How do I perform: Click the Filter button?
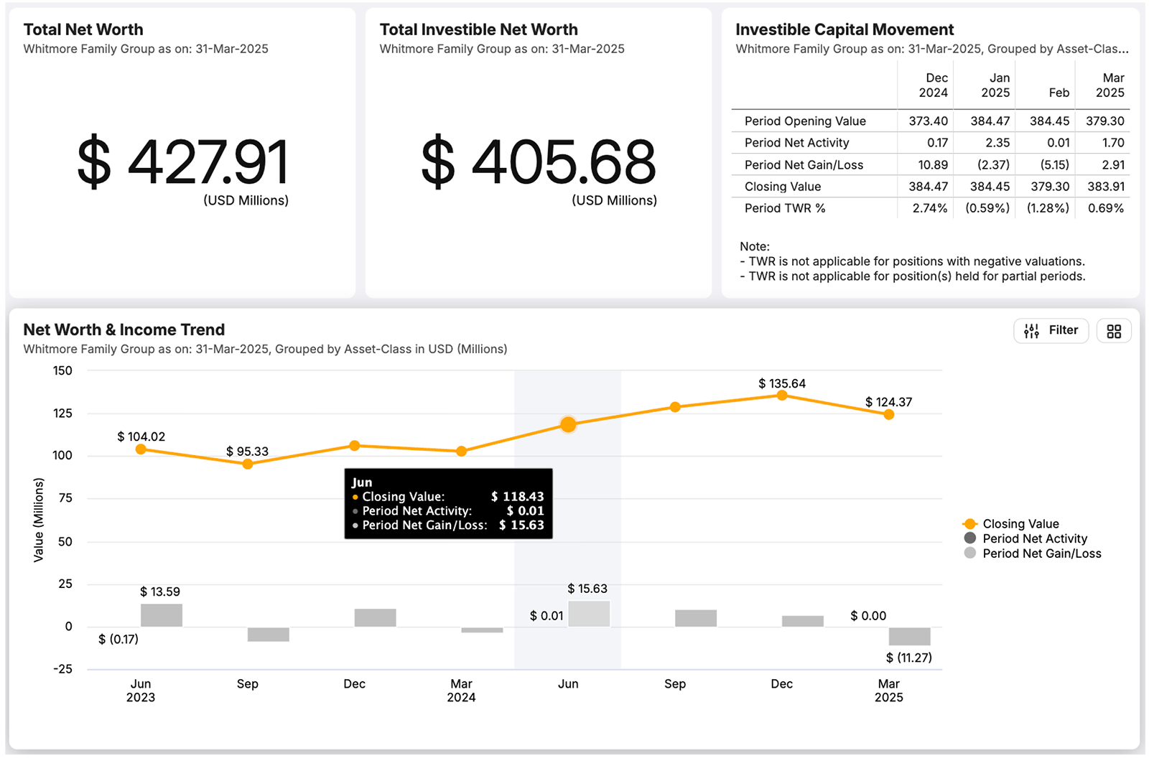(x=1051, y=330)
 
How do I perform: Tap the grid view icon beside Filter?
(x=1114, y=331)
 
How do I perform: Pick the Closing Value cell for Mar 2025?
(x=1105, y=187)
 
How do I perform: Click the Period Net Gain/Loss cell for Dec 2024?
(x=932, y=165)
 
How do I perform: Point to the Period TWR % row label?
(x=784, y=208)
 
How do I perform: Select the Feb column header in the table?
(x=1059, y=93)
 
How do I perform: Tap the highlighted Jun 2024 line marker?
(x=568, y=425)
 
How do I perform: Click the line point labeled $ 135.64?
(x=782, y=396)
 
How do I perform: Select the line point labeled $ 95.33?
(x=248, y=464)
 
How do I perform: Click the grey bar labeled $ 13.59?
(x=162, y=615)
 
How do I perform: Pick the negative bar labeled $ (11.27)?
(x=909, y=636)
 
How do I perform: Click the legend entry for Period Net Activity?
(x=1034, y=538)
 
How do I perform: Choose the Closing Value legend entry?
(x=1020, y=524)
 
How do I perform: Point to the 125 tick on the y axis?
(x=63, y=414)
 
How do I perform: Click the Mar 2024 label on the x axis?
(x=461, y=690)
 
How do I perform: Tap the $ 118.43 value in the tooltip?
(x=517, y=497)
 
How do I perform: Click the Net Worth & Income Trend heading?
(x=124, y=330)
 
